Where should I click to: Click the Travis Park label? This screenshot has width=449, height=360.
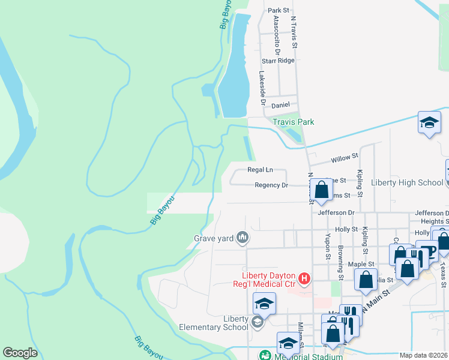pyautogui.click(x=294, y=122)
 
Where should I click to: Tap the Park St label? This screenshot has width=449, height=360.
pyautogui.click(x=279, y=10)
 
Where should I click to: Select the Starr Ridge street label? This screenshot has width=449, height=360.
pyautogui.click(x=279, y=61)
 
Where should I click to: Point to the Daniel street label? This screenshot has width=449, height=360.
pyautogui.click(x=280, y=105)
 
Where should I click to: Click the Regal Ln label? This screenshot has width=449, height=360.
pyautogui.click(x=260, y=170)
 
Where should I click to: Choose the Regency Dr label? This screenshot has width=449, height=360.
pyautogui.click(x=271, y=185)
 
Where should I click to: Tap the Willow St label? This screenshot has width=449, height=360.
pyautogui.click(x=345, y=158)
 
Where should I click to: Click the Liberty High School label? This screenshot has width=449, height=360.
pyautogui.click(x=407, y=182)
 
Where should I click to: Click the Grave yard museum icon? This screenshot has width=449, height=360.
pyautogui.click(x=243, y=238)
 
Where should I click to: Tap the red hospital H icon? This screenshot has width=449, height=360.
pyautogui.click(x=304, y=278)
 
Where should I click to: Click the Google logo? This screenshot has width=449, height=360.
pyautogui.click(x=20, y=353)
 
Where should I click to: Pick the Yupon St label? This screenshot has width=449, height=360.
pyautogui.click(x=328, y=247)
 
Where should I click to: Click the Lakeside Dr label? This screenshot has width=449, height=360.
pyautogui.click(x=262, y=88)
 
